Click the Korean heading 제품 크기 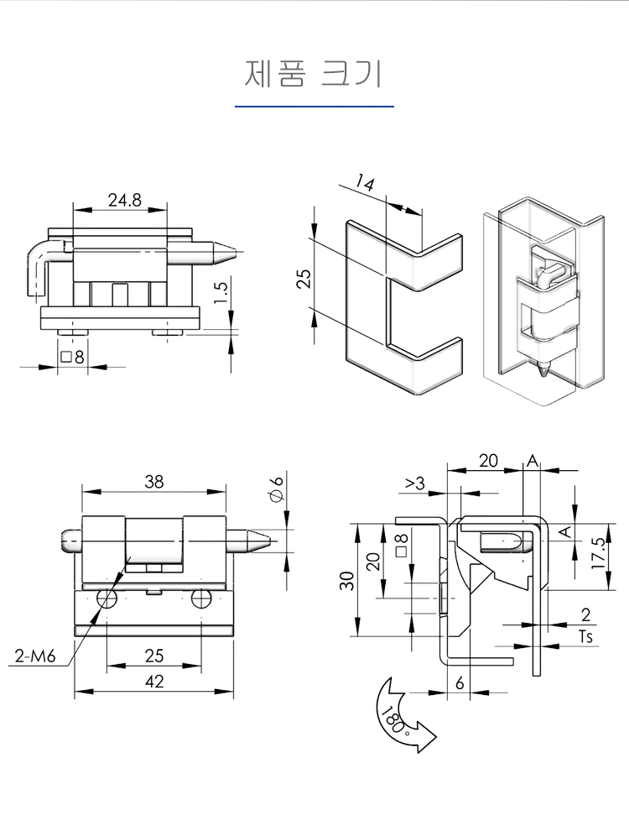pos(313,74)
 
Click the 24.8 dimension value pos(124,200)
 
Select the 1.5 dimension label pos(221,291)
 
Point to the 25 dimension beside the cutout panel pos(304,278)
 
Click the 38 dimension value pos(153,481)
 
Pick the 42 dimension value pos(154,681)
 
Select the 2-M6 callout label pos(35,656)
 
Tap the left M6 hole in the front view pos(107,598)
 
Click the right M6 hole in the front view pos(201,598)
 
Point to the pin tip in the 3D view pos(543,370)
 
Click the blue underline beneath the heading pos(314,107)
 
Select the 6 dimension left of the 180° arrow pos(459,682)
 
